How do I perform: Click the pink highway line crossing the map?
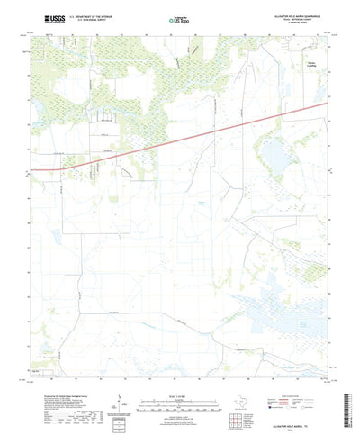tap(180, 136)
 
